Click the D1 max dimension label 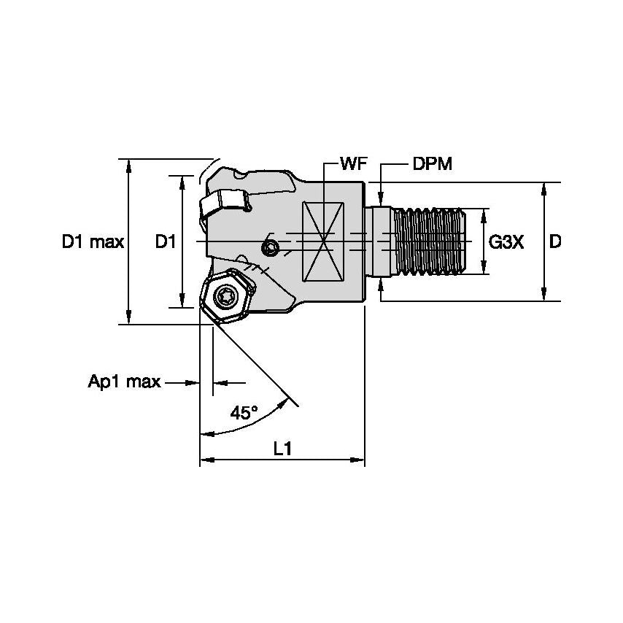[92, 242]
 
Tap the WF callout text [352, 164]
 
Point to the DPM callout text [432, 164]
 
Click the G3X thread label [506, 242]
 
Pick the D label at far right [555, 242]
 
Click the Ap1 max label [124, 382]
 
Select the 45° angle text [244, 413]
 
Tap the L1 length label [282, 450]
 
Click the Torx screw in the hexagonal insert [224, 295]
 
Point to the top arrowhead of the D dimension [543, 188]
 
